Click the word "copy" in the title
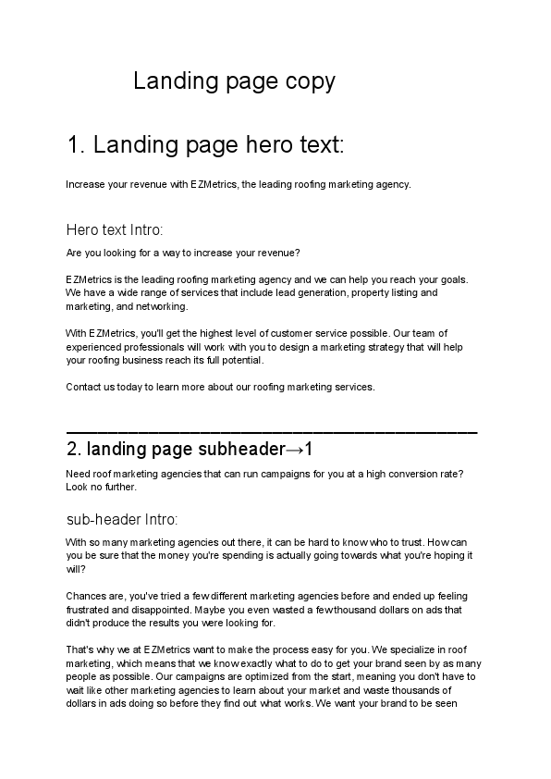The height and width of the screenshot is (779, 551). (311, 82)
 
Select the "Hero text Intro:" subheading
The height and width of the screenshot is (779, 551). (115, 229)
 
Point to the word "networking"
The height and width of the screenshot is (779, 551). (163, 306)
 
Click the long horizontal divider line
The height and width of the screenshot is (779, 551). (272, 432)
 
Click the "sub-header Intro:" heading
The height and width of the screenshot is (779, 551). (122, 519)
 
